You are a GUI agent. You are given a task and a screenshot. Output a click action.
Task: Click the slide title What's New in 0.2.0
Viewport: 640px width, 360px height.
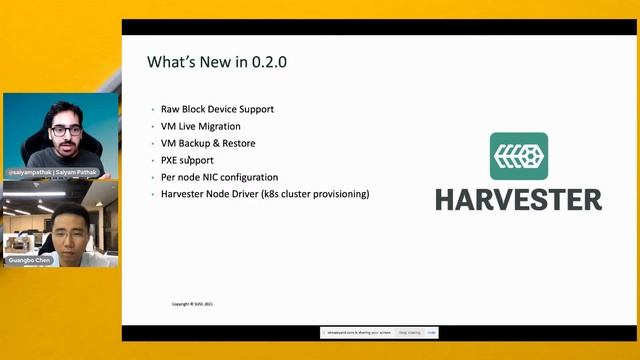pyautogui.click(x=217, y=62)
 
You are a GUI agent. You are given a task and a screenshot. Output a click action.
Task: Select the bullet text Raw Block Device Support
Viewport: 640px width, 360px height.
pyautogui.click(x=217, y=109)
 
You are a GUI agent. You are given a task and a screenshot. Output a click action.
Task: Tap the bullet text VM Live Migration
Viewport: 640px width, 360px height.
pyautogui.click(x=200, y=126)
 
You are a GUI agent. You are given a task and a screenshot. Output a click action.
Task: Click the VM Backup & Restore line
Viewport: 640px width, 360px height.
pyautogui.click(x=207, y=143)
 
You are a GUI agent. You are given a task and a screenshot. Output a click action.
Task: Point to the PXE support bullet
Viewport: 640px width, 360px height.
pyautogui.click(x=187, y=160)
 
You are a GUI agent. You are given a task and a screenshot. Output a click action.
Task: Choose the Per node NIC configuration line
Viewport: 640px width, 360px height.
pyautogui.click(x=219, y=177)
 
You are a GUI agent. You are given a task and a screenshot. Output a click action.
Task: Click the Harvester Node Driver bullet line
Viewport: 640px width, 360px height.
pyautogui.click(x=265, y=194)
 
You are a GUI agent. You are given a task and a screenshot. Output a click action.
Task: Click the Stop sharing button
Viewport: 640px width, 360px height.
pyautogui.click(x=409, y=332)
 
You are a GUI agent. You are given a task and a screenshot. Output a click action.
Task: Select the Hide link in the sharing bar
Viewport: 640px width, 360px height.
pyautogui.click(x=432, y=332)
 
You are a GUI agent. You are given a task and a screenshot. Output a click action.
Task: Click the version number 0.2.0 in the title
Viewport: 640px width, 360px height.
pyautogui.click(x=269, y=62)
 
